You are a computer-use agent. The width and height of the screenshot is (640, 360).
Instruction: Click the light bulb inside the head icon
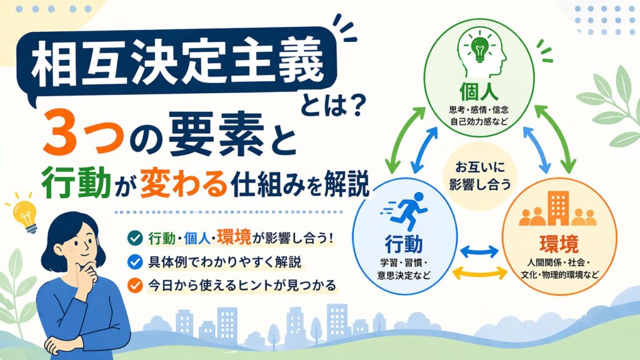(479, 49)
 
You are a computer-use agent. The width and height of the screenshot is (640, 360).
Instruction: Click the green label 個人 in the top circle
(479, 91)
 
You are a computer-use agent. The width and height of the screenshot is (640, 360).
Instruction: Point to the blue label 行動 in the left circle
(404, 244)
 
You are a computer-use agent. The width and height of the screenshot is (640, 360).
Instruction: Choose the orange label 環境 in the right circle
(559, 244)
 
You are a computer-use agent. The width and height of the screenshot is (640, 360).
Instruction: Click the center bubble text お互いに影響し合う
(480, 176)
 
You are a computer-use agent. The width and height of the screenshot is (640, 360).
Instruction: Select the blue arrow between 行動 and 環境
(479, 251)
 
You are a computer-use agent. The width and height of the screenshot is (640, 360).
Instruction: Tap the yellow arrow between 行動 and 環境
(479, 272)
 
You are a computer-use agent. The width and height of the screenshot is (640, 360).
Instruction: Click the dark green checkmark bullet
(135, 238)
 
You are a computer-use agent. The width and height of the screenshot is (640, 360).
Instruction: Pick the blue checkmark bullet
(135, 262)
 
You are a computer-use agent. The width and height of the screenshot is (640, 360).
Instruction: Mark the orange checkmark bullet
(135, 285)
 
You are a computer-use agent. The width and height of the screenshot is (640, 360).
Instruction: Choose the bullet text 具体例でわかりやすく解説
(224, 262)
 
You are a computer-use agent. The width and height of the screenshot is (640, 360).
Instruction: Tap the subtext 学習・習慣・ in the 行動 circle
(404, 262)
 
